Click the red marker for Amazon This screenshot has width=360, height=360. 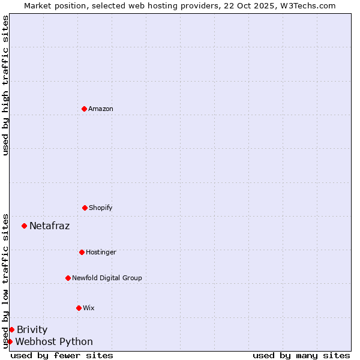[x=84, y=109]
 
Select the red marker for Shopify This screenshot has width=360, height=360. [x=85, y=208]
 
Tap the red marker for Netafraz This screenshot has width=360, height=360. [x=24, y=226]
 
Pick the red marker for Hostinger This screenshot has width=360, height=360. [x=82, y=252]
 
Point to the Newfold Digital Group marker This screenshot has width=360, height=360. [x=68, y=278]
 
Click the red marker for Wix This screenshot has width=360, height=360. [x=79, y=308]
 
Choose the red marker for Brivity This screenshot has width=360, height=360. [x=11, y=329]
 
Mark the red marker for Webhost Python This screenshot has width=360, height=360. [x=10, y=341]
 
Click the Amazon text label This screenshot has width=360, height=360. [x=101, y=109]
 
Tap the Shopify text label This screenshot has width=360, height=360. [x=101, y=208]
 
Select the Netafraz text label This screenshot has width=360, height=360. [x=49, y=226]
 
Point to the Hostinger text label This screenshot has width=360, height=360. [x=101, y=252]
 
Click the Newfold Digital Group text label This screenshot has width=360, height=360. [x=107, y=278]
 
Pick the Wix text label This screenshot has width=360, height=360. [x=89, y=308]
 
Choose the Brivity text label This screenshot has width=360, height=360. [x=32, y=329]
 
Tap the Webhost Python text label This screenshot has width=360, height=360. [x=54, y=341]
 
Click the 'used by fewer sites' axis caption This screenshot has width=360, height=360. [x=62, y=355]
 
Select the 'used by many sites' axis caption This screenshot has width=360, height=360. [x=301, y=355]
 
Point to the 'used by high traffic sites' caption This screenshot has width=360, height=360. [x=5, y=85]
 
